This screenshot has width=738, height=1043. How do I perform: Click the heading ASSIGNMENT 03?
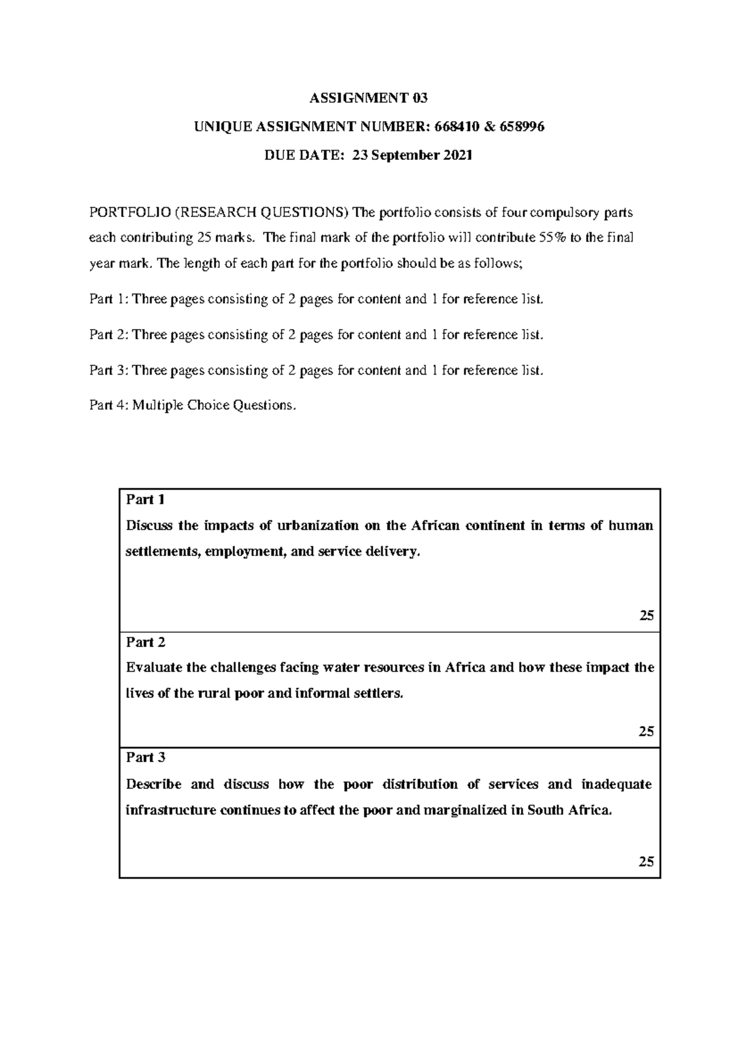368,98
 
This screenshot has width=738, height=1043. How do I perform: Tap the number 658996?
522,127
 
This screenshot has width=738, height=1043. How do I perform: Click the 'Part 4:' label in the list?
109,405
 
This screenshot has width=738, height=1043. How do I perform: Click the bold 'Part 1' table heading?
145,499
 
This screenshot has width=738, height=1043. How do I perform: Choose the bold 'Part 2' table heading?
145,643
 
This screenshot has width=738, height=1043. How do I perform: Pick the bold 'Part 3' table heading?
145,758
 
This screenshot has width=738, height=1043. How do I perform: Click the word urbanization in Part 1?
317,526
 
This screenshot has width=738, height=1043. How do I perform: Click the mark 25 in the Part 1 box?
646,616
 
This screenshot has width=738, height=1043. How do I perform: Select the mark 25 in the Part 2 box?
646,732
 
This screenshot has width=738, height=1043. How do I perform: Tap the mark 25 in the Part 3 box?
646,862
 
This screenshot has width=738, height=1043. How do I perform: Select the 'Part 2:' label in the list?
109,335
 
